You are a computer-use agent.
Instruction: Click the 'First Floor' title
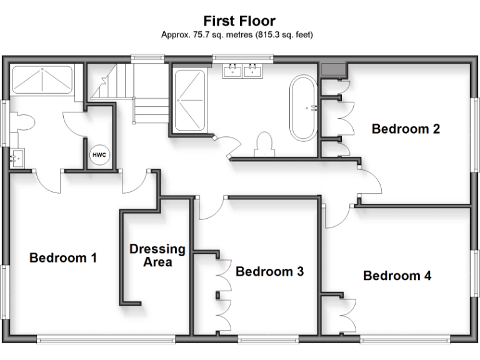tap(239, 21)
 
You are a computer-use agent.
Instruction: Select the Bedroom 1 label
tap(63, 257)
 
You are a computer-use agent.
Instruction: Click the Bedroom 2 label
tap(406, 129)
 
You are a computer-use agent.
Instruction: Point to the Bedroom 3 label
tap(269, 271)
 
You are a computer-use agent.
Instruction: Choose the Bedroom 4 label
tap(397, 275)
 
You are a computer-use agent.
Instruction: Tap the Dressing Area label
tap(157, 255)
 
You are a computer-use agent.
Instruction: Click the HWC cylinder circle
tap(99, 154)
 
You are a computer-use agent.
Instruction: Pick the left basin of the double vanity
tap(232, 69)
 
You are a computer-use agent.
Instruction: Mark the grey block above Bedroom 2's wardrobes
tap(332, 69)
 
